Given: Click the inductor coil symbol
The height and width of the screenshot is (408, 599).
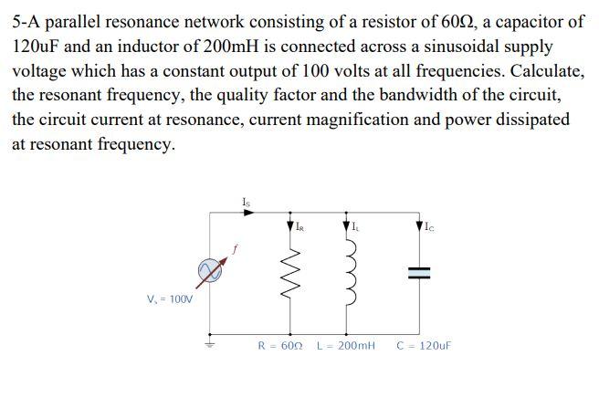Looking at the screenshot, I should (348, 271).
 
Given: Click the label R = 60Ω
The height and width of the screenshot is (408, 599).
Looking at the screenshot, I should (280, 346).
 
